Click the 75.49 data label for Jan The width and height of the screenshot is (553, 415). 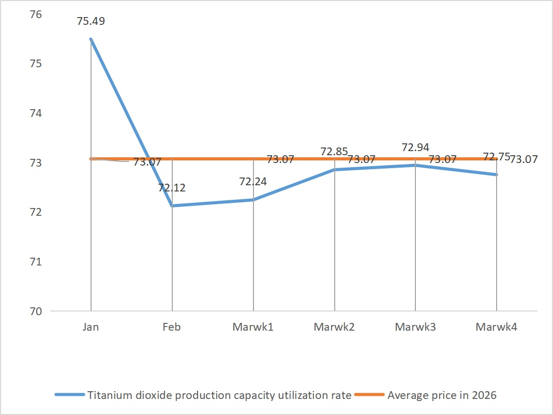91,22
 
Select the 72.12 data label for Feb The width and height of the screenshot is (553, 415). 172,188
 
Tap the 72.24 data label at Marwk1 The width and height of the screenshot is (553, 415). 253,182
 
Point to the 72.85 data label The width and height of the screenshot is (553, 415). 334,152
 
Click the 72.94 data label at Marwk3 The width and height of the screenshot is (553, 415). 415,147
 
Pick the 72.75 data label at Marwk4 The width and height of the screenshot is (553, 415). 496,157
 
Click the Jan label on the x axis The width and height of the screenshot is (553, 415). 91,327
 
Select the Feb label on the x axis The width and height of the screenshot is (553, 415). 172,327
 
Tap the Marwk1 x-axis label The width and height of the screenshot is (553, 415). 253,327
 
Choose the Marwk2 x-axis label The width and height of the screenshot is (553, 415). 334,327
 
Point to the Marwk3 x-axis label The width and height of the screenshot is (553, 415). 415,327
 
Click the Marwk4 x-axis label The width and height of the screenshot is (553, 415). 496,327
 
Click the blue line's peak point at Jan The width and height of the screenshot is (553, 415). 91,39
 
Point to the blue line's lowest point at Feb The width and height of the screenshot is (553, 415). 172,206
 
